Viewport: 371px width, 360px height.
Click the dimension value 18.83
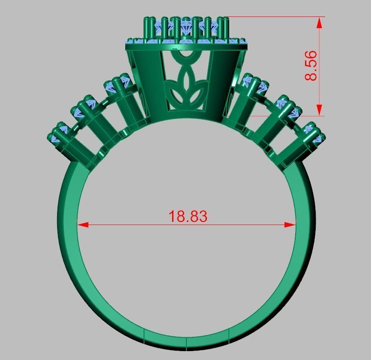pyautogui.click(x=188, y=216)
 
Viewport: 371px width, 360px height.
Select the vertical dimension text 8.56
pyautogui.click(x=311, y=66)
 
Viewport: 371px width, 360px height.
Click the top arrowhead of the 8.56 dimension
pyautogui.click(x=319, y=23)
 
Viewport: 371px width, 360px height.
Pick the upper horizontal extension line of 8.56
pyautogui.click(x=276, y=17)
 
